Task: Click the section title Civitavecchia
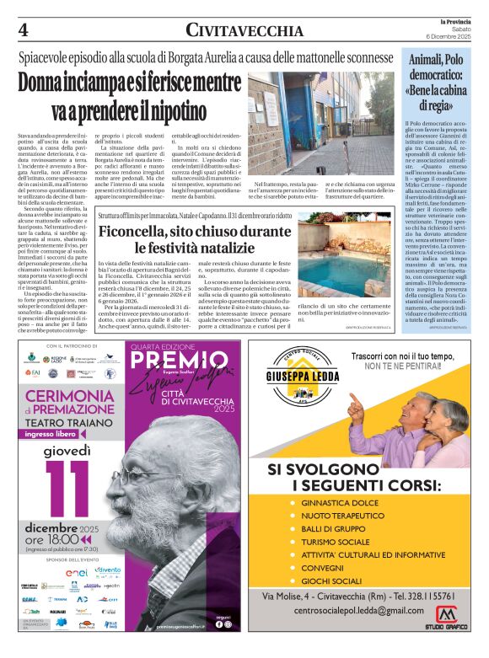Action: pos(244,31)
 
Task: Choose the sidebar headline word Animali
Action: pos(428,61)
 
